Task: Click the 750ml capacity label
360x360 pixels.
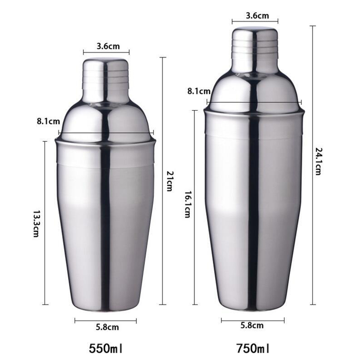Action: (x=252, y=348)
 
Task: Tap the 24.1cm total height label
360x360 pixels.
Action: (x=318, y=161)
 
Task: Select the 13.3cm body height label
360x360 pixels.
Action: (x=36, y=223)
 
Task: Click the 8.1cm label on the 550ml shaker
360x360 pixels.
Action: (x=47, y=121)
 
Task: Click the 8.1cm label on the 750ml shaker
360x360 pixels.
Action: (x=199, y=91)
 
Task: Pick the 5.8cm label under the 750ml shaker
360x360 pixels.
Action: (x=252, y=325)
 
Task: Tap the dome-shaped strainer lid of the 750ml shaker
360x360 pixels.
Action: (x=254, y=90)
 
